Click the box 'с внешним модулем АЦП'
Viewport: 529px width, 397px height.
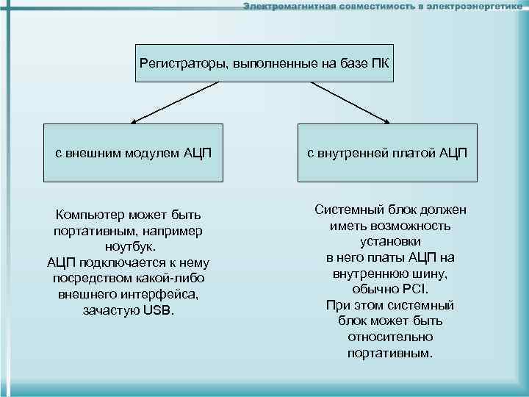(133, 152)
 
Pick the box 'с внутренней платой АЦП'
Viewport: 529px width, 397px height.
(386, 152)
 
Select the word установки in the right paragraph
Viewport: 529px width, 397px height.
(390, 241)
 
